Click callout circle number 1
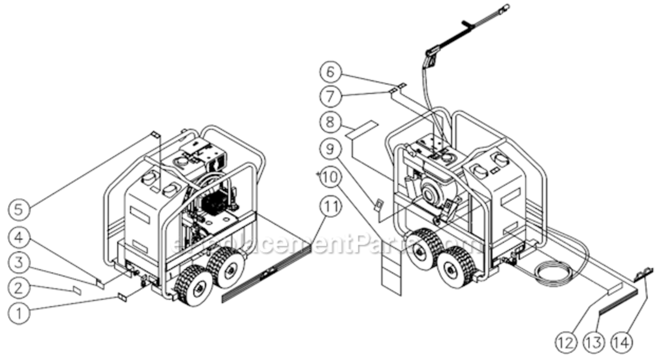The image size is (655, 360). (x=20, y=313)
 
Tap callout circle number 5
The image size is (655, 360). (x=20, y=209)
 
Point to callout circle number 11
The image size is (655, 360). (x=331, y=207)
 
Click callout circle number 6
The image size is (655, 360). (x=331, y=72)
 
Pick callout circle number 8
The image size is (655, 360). (x=331, y=121)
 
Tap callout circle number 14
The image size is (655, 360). (x=621, y=343)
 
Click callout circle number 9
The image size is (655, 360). (x=331, y=149)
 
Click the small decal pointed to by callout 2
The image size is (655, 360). (x=76, y=290)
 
